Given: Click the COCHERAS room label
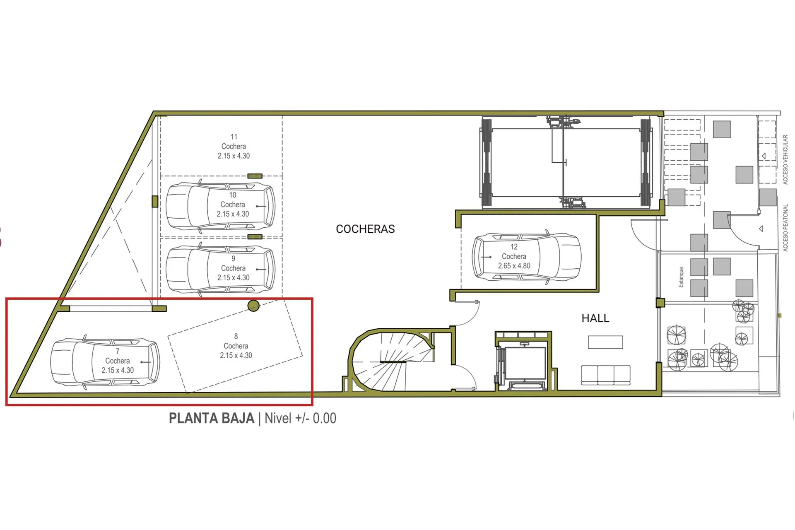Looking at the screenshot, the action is [x=365, y=229].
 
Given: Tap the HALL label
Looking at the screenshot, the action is [x=595, y=318].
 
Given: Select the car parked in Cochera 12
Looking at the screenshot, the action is [x=527, y=257].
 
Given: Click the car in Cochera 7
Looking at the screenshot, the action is [x=105, y=362].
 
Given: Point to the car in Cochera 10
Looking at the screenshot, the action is [x=220, y=206].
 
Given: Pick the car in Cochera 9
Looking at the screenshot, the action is [x=220, y=270].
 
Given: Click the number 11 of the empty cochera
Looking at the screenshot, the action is [x=234, y=137].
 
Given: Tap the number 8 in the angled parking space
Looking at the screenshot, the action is [x=236, y=336].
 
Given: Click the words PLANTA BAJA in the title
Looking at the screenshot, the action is [x=212, y=418].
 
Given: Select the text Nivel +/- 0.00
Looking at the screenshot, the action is [x=300, y=418].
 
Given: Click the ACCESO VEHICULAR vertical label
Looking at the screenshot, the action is [x=785, y=159].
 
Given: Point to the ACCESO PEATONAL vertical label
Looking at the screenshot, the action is [x=785, y=227].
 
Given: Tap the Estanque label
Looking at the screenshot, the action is [x=681, y=277].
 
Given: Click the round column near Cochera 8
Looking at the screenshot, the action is [x=253, y=306].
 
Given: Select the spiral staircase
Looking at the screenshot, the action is [x=391, y=360].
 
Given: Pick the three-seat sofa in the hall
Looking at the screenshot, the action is [x=606, y=375].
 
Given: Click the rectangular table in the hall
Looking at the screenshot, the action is [x=605, y=342].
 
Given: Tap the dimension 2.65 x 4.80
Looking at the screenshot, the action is [x=514, y=266].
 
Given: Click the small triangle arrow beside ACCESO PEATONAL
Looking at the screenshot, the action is [x=761, y=229].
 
